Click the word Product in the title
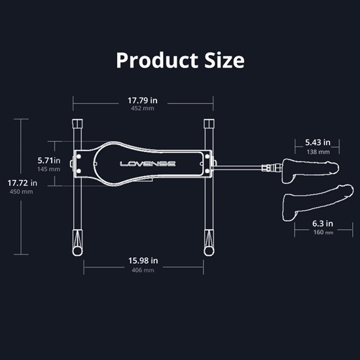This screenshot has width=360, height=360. pos(157,61)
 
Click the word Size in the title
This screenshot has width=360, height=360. pos(225,60)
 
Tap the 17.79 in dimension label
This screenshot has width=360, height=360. pos(143,101)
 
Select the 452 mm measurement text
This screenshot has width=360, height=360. pos(142,109)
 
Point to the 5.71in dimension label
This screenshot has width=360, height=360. pos(49,160)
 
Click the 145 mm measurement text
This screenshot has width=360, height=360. pos(48,170)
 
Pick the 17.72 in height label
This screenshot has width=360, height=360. pos(22,183)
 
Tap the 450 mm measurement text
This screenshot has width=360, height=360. pos(21,192)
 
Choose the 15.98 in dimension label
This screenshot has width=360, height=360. pos(143,261)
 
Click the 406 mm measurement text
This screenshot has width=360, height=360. pos(143,270)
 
